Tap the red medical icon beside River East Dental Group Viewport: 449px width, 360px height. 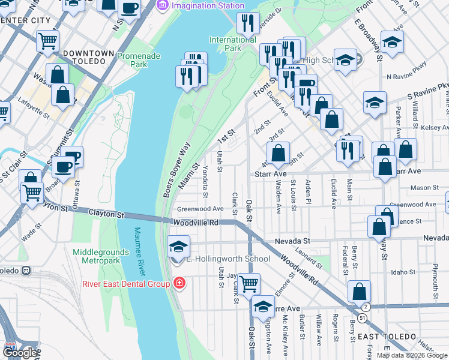tap(178, 283)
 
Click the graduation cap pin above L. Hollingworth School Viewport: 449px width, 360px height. tap(178, 247)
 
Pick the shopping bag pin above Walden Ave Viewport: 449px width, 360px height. tap(279, 154)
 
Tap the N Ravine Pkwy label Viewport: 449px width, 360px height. tap(407, 76)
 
